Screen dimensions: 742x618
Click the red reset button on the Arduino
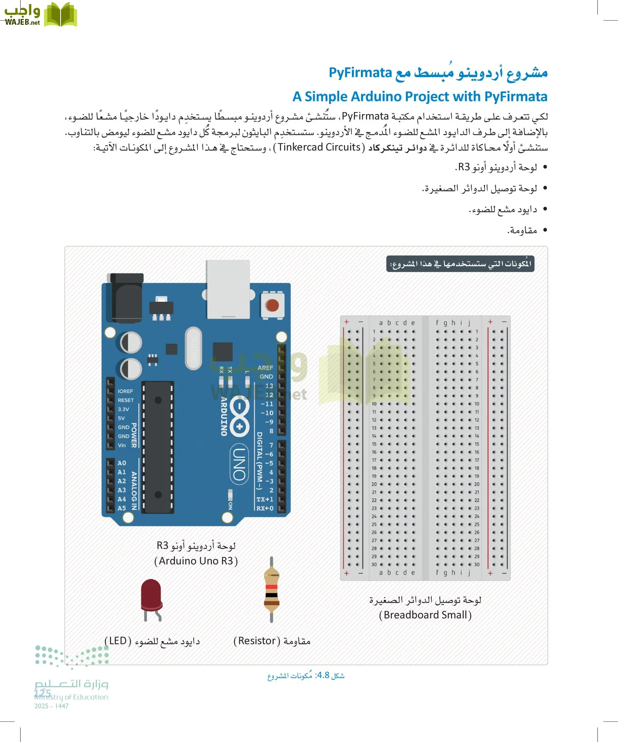point(272,305)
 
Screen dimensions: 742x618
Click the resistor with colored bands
point(271,589)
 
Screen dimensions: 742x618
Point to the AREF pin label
point(265,368)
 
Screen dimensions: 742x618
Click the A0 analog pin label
point(122,463)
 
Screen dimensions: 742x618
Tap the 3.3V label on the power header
point(123,409)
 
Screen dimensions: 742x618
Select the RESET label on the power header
point(126,400)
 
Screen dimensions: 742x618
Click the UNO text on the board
point(239,464)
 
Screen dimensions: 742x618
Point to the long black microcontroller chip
point(158,447)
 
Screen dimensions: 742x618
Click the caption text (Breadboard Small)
point(425,615)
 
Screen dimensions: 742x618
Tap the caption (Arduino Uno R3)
point(196,561)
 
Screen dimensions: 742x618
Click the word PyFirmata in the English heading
point(515,96)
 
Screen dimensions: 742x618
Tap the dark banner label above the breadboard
point(460,264)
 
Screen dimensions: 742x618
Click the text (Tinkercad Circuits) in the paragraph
point(319,147)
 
